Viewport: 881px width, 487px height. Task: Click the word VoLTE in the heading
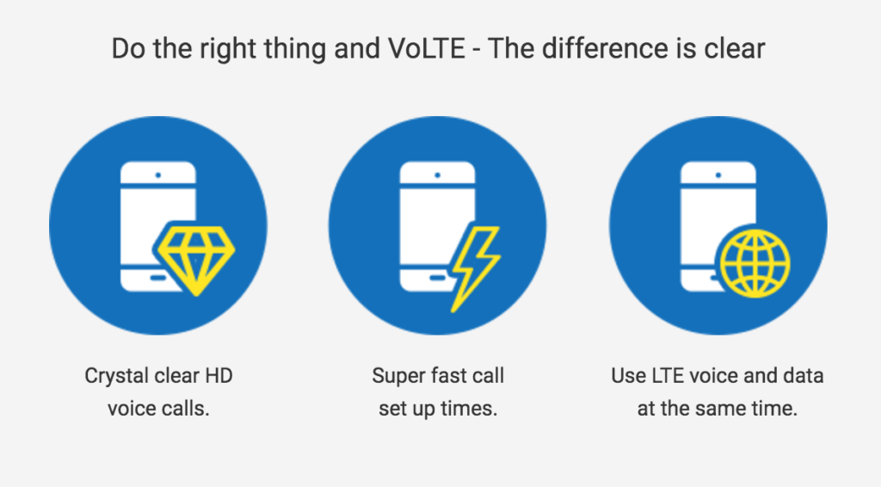click(x=427, y=48)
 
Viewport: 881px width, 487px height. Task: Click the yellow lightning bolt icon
click(x=475, y=268)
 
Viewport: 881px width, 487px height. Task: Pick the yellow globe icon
click(x=755, y=263)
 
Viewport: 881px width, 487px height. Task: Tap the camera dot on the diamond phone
click(x=158, y=176)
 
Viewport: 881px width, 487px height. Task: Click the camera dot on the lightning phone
click(x=437, y=176)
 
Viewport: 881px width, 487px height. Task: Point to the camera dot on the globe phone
click(x=718, y=176)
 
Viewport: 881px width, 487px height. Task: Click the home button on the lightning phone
click(x=438, y=277)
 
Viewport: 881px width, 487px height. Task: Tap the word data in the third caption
click(x=804, y=375)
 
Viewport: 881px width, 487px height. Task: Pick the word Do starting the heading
click(x=129, y=48)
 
